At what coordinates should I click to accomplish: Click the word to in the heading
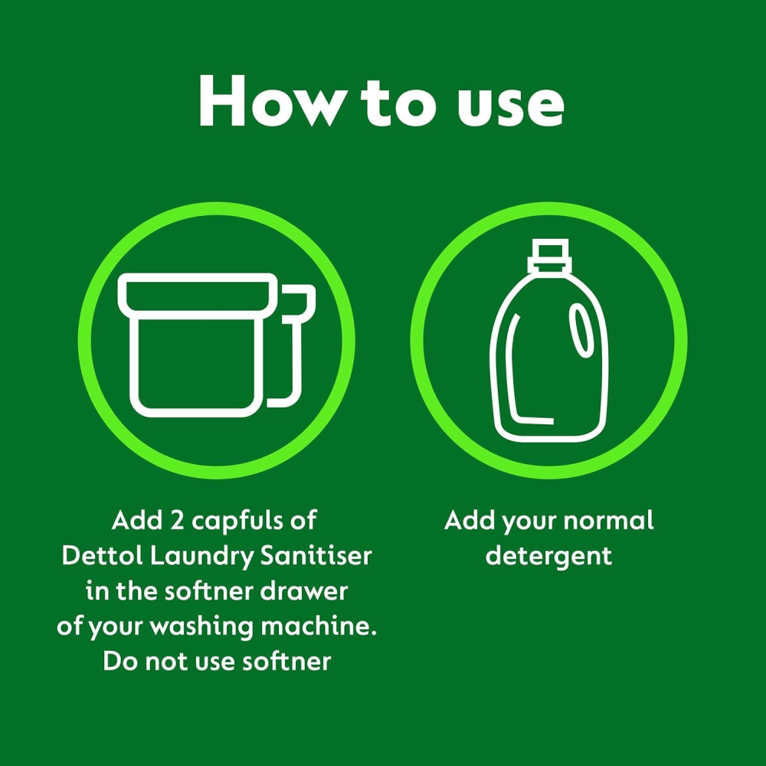[x=398, y=103]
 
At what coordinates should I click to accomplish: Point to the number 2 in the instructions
[x=176, y=520]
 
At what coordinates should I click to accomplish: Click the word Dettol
[x=102, y=556]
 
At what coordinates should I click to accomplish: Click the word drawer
[x=303, y=591]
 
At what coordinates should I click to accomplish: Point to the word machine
[x=319, y=627]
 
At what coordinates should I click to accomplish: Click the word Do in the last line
[x=120, y=662]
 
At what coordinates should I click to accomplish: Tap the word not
[x=166, y=663]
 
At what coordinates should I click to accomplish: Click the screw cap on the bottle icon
[x=549, y=256]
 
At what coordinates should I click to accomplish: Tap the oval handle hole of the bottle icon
[x=581, y=329]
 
